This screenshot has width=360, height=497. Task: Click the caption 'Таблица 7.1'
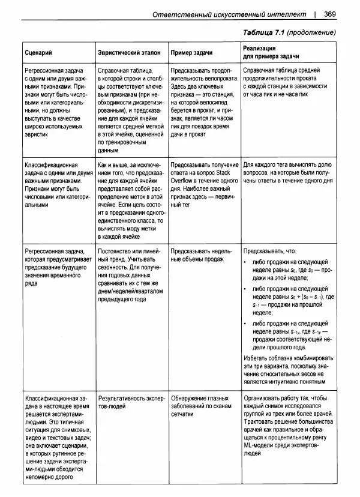coord(263,31)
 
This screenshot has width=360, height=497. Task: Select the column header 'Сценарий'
coord(37,53)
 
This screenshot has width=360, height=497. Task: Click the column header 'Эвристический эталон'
coord(128,53)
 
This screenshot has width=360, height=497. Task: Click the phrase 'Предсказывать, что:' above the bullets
coord(270,251)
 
